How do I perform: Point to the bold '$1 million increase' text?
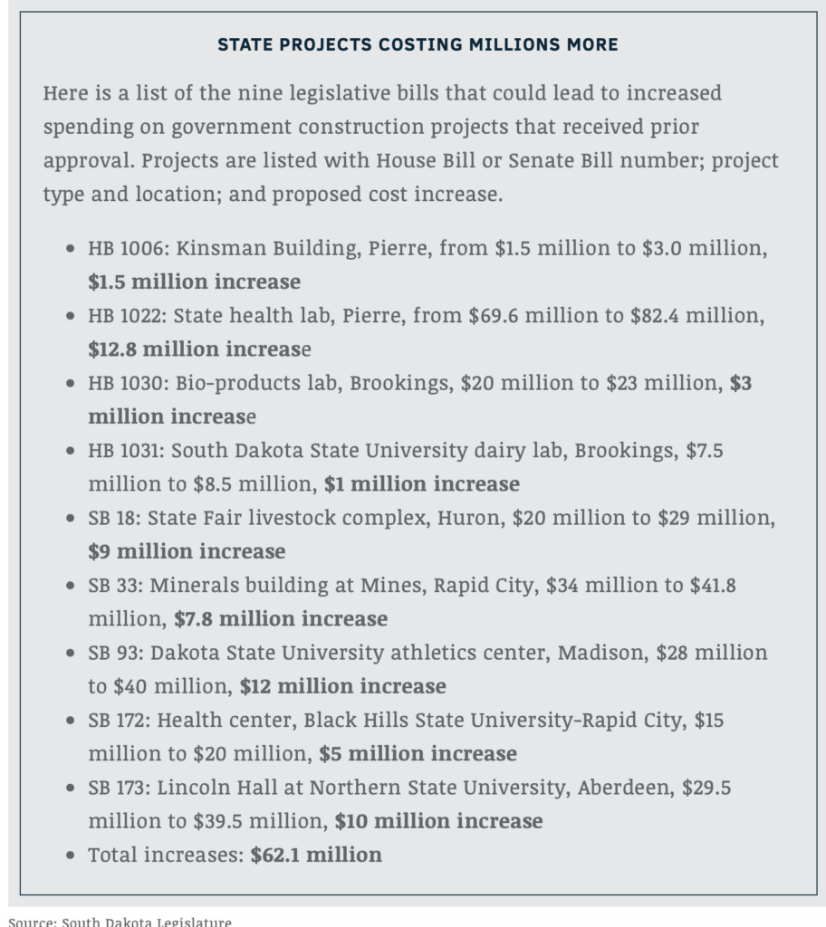422,483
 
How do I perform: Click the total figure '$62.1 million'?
316,854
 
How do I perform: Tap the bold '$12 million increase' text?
342,686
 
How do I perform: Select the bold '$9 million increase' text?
187,551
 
